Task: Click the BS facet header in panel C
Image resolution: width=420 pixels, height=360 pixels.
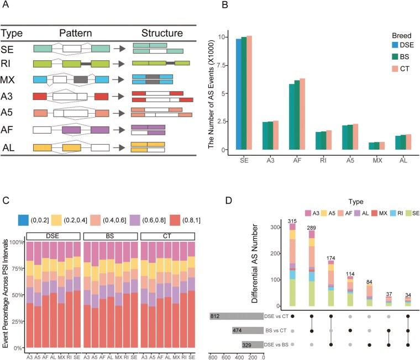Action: (110, 236)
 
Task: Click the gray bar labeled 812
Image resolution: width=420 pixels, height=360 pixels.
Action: (236, 316)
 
